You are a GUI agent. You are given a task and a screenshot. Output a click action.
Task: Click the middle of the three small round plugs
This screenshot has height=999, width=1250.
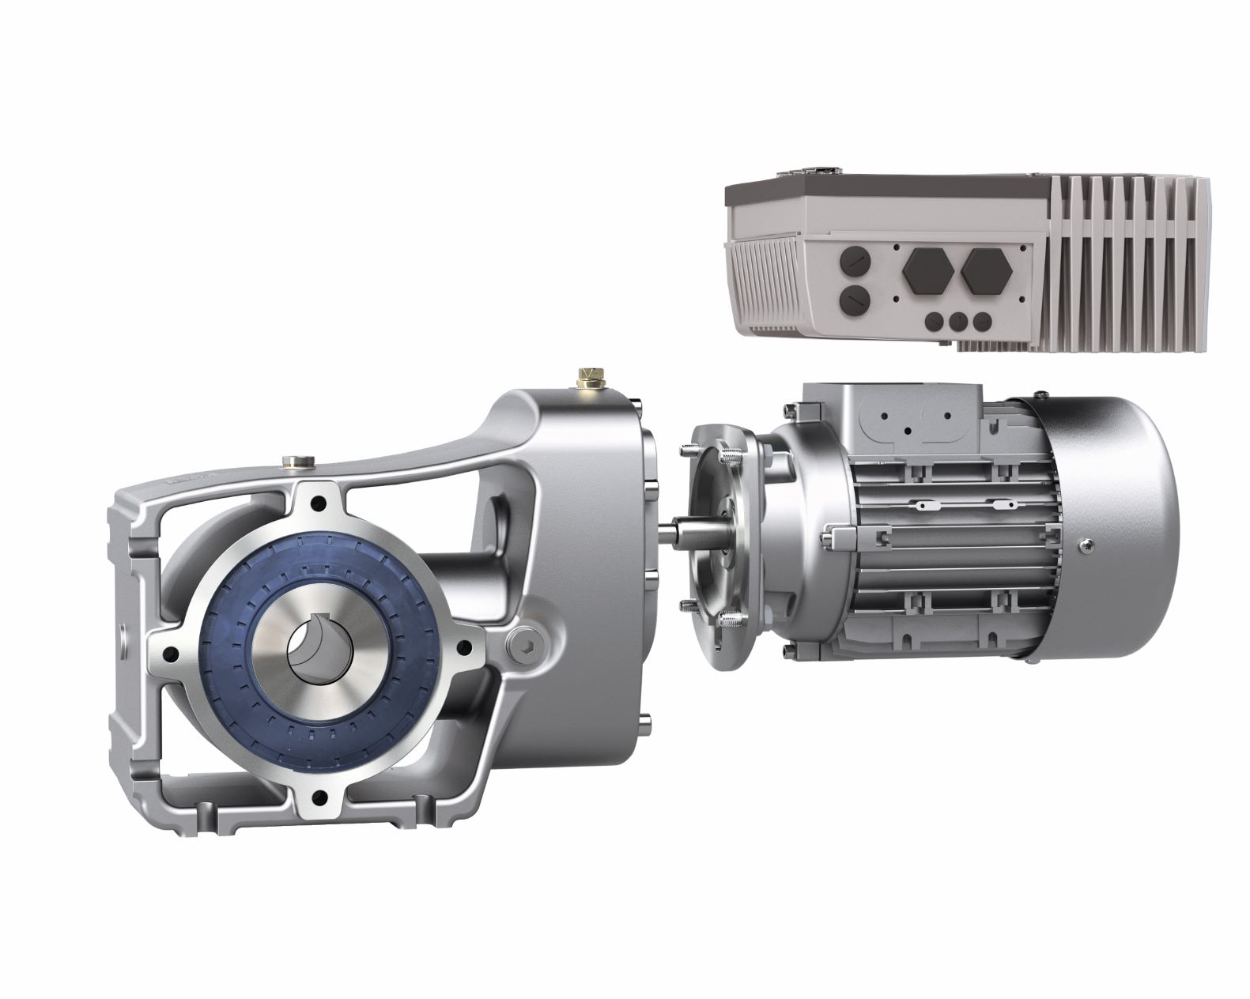click(957, 322)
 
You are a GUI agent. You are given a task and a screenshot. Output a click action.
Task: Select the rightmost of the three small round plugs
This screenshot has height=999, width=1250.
click(981, 322)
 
